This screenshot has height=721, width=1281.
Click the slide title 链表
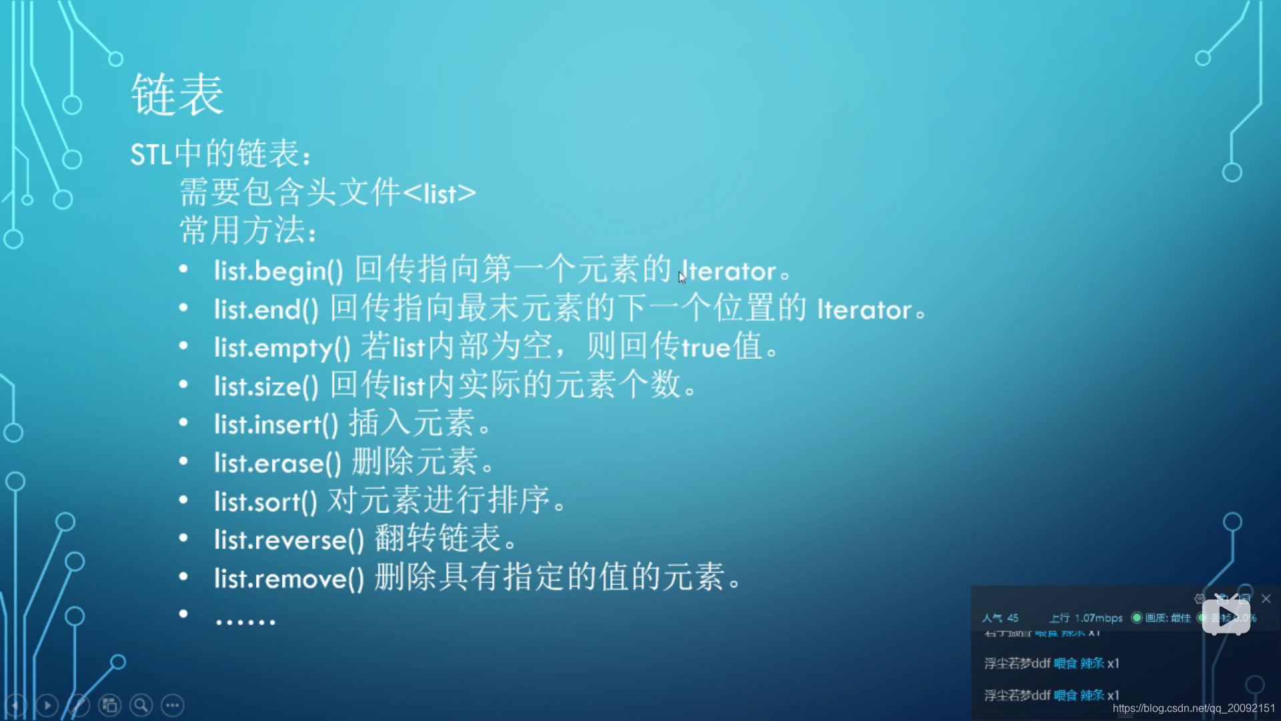[177, 95]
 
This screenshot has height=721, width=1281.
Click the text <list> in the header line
[440, 194]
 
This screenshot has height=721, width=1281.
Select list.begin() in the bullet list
[278, 271]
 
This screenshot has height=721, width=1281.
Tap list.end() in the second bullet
[266, 310]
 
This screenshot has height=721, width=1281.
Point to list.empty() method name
[282, 348]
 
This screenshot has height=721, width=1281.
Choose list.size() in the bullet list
[266, 387]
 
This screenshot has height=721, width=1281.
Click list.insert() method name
[276, 425]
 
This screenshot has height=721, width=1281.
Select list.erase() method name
[278, 463]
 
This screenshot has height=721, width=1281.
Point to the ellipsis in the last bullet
[245, 622]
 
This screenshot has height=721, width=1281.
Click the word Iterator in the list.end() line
[864, 310]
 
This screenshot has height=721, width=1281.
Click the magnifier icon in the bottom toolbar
[141, 705]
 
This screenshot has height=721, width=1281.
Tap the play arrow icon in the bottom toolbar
[47, 705]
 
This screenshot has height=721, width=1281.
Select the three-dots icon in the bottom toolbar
[173, 705]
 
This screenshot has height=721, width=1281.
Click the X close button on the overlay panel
[1266, 599]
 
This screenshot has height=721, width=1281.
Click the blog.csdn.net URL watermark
[1194, 708]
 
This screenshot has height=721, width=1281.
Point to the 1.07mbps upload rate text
[1098, 618]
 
